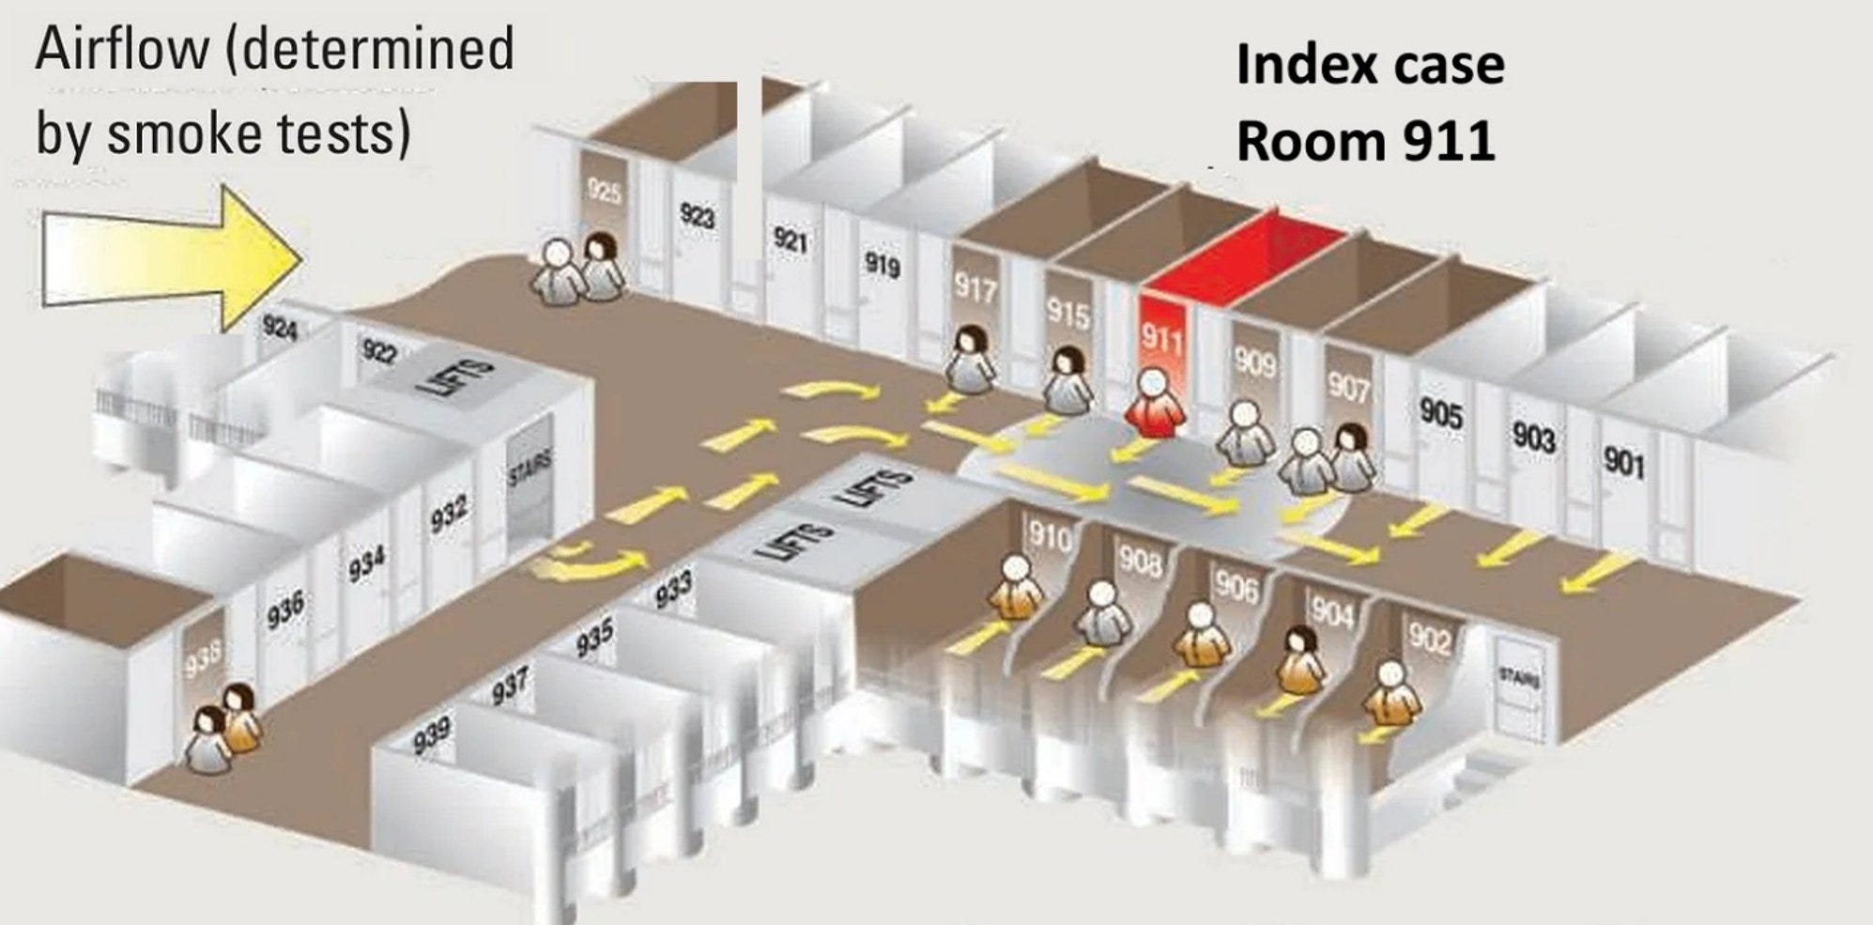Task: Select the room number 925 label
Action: click(605, 192)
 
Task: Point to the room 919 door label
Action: click(882, 265)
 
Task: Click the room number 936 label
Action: click(284, 609)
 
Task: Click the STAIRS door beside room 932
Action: click(530, 488)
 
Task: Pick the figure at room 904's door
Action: click(1301, 658)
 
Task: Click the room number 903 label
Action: click(1533, 438)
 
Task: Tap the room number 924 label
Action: click(280, 328)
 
